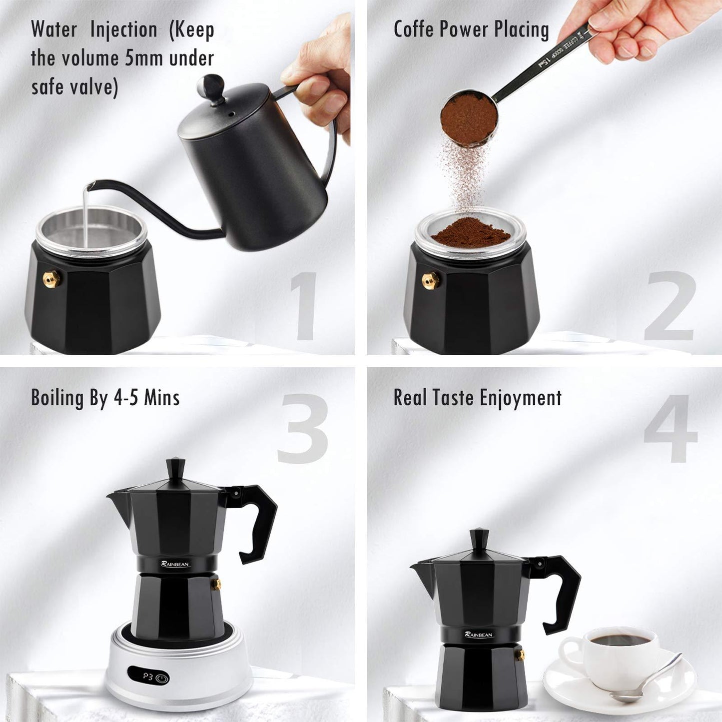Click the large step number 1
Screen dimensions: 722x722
[303, 306]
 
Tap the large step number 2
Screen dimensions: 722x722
[670, 306]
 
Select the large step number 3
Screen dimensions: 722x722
[303, 429]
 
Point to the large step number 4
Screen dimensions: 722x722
[670, 429]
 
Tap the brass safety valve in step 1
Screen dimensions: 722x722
[51, 279]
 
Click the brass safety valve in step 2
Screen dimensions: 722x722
[430, 280]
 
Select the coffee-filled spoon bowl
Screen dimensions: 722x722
[469, 118]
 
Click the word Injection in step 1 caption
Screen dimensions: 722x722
[123, 29]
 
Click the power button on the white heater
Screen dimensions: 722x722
[161, 678]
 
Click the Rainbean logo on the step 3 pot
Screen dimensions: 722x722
[175, 564]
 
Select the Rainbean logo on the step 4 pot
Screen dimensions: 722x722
[479, 634]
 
